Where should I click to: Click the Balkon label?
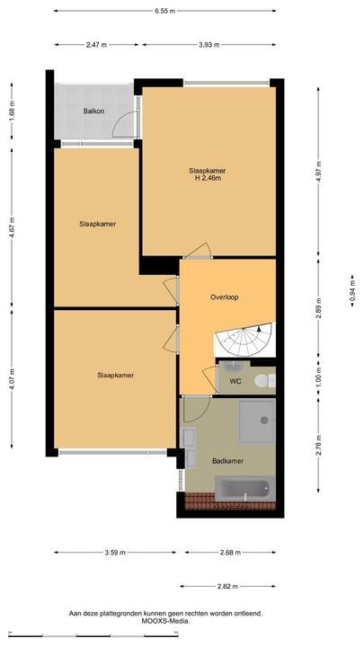pyautogui.click(x=93, y=111)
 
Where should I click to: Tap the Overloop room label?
pyautogui.click(x=224, y=297)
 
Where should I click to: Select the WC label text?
pyautogui.click(x=235, y=381)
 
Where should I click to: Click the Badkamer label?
pyautogui.click(x=227, y=461)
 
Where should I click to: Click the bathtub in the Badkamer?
pyautogui.click(x=244, y=489)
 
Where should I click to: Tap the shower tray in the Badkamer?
pyautogui.click(x=257, y=421)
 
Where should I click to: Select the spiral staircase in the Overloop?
pyautogui.click(x=244, y=340)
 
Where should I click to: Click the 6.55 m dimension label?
pyautogui.click(x=165, y=11)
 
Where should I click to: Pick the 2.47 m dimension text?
pyautogui.click(x=96, y=45)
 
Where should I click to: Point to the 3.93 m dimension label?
pyautogui.click(x=209, y=45)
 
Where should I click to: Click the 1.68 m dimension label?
pyautogui.click(x=12, y=111)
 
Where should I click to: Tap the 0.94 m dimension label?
pyautogui.click(x=352, y=291)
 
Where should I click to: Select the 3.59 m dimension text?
pyautogui.click(x=115, y=553)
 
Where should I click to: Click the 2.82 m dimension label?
pyautogui.click(x=227, y=586)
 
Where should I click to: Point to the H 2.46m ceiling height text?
pyautogui.click(x=208, y=178)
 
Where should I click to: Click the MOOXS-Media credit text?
pyautogui.click(x=165, y=620)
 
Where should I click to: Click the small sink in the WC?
pyautogui.click(x=234, y=366)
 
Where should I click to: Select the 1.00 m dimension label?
pyautogui.click(x=318, y=375)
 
